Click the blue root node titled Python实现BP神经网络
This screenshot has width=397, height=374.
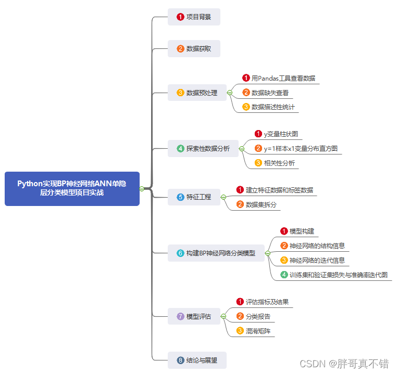[x=72, y=188]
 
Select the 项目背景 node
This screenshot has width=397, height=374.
[x=194, y=17]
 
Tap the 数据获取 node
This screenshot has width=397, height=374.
[x=194, y=49]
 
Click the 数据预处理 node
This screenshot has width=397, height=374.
[x=197, y=93]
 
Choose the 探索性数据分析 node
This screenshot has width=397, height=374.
[x=203, y=149]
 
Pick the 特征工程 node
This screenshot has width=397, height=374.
[x=194, y=197]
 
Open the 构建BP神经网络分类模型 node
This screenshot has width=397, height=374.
[x=216, y=253]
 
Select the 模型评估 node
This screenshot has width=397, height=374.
[x=194, y=316]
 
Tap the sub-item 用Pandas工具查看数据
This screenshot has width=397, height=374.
[x=283, y=79]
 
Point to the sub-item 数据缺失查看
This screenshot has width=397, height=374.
[x=269, y=93]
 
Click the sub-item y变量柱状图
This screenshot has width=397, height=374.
[x=280, y=134]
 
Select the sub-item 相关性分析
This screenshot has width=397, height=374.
[x=278, y=163]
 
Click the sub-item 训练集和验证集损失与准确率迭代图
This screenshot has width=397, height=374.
[x=338, y=275]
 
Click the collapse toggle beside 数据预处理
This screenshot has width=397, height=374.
[x=230, y=93]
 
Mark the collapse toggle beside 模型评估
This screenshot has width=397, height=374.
[x=223, y=316]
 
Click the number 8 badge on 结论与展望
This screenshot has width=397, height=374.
[x=180, y=360]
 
